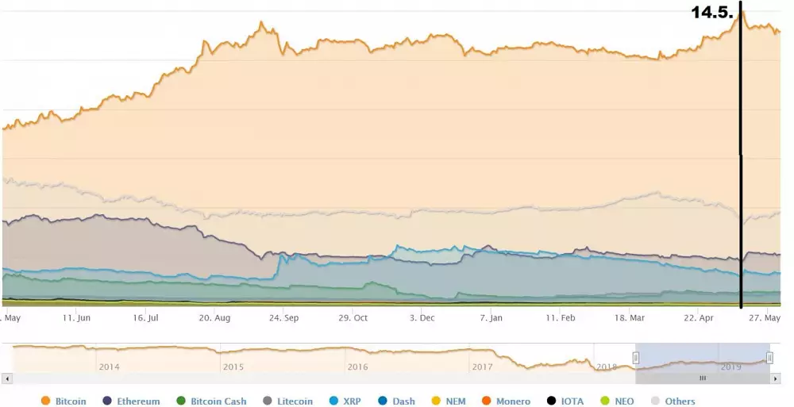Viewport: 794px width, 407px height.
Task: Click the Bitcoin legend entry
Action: pyautogui.click(x=64, y=401)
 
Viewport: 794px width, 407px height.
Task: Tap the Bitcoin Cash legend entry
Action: pyautogui.click(x=210, y=401)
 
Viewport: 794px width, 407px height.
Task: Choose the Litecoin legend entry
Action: pyautogui.click(x=287, y=401)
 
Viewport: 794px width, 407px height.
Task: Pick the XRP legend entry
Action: pyautogui.click(x=345, y=401)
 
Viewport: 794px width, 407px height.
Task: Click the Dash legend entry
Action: pyautogui.click(x=396, y=401)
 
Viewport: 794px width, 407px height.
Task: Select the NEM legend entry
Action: pyautogui.click(x=449, y=401)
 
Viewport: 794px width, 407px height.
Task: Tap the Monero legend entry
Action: pyautogui.click(x=506, y=401)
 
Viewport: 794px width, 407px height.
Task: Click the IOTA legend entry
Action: pyautogui.click(x=565, y=401)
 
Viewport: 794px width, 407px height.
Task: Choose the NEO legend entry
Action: pyautogui.click(x=618, y=401)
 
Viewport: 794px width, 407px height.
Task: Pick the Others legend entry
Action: pyautogui.click(x=673, y=401)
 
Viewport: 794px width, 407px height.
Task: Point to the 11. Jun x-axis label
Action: pyautogui.click(x=77, y=317)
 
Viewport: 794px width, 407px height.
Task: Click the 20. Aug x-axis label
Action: pyautogui.click(x=214, y=317)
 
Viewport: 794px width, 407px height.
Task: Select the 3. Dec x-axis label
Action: pyautogui.click(x=422, y=317)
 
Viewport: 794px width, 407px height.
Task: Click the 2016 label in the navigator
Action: pyautogui.click(x=358, y=367)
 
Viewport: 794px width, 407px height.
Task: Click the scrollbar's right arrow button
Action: pyautogui.click(x=776, y=378)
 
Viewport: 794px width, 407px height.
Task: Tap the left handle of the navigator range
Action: pyautogui.click(x=635, y=358)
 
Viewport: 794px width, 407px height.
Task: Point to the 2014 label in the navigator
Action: pyautogui.click(x=110, y=367)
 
